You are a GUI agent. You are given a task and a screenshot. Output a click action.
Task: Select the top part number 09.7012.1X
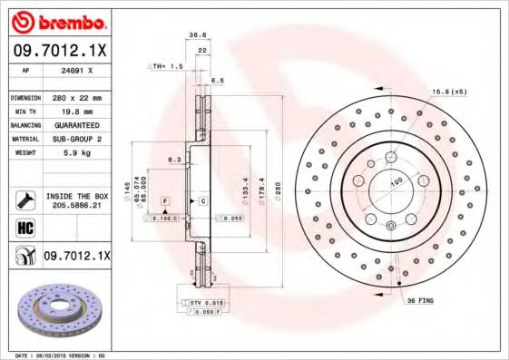(59, 50)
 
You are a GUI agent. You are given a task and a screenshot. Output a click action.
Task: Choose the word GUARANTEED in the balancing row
(76, 124)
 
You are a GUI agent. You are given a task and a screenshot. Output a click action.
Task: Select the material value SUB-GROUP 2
(75, 139)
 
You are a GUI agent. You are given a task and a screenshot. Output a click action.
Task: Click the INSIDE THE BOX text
(77, 196)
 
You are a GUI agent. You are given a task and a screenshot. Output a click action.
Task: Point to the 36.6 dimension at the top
(192, 35)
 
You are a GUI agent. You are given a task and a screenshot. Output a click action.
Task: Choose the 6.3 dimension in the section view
(173, 160)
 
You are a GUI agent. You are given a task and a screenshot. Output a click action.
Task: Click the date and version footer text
(62, 355)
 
